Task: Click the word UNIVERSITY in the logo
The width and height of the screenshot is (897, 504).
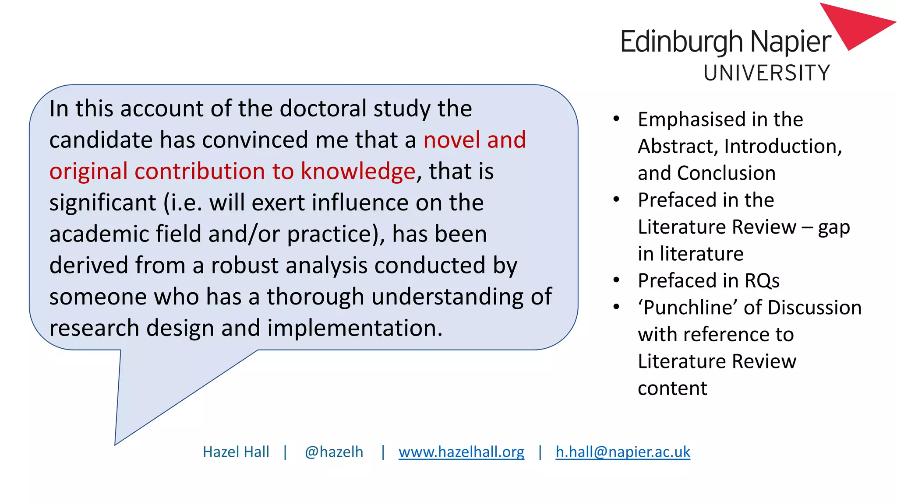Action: pyautogui.click(x=766, y=73)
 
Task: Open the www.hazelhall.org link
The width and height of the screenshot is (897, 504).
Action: pyautogui.click(x=461, y=451)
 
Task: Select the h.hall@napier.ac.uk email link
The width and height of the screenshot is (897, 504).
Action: pyautogui.click(x=623, y=451)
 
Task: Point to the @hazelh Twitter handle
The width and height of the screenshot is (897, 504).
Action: pyautogui.click(x=334, y=451)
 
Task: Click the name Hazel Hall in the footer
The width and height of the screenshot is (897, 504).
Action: pyautogui.click(x=236, y=451)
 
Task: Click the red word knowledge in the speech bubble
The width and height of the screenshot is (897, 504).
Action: pyautogui.click(x=358, y=171)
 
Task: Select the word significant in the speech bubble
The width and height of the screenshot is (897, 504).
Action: pyautogui.click(x=102, y=203)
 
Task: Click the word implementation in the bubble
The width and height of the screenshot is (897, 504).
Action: pyautogui.click(x=355, y=328)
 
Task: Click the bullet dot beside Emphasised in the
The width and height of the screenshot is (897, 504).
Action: pyautogui.click(x=616, y=119)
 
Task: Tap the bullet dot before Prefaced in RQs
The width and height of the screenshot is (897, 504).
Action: pyautogui.click(x=616, y=280)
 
